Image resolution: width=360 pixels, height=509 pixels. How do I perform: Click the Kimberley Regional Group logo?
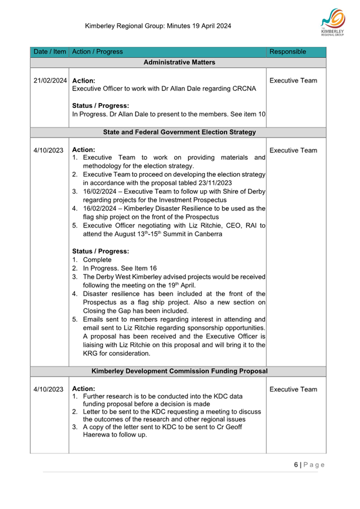[331, 25]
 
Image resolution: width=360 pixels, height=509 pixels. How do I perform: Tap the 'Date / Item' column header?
[50, 52]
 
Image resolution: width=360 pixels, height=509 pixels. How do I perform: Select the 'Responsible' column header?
[287, 52]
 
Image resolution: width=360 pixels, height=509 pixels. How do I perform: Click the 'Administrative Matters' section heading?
[179, 62]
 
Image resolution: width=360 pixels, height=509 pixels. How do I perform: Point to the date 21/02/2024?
[50, 80]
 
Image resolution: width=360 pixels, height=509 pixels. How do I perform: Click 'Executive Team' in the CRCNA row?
[293, 80]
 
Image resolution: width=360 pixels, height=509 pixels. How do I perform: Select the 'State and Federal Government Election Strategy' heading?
[179, 132]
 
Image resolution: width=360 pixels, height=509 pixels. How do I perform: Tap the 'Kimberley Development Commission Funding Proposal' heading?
[179, 371]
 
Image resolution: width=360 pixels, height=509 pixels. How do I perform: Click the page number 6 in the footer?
[297, 464]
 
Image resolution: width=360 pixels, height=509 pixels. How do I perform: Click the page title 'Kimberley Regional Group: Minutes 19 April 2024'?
[158, 26]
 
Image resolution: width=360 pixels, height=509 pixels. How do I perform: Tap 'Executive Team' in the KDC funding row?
[293, 389]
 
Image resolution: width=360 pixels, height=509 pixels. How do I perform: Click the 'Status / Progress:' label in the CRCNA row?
[101, 105]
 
